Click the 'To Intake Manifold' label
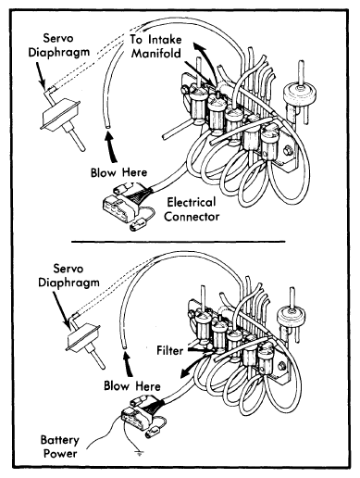[155, 46]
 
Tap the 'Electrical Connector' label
[192, 209]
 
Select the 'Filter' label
[170, 351]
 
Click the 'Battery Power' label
[59, 447]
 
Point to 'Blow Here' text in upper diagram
[118, 172]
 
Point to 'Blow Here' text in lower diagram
[132, 386]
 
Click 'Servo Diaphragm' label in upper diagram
[58, 45]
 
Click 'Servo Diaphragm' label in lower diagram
[68, 275]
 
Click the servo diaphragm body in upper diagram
[61, 113]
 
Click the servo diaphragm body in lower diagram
[83, 337]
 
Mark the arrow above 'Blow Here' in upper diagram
[112, 146]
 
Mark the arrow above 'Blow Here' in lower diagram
[128, 364]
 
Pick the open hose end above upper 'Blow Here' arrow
[106, 127]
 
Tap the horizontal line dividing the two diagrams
[179, 242]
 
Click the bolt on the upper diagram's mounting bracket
[288, 151]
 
